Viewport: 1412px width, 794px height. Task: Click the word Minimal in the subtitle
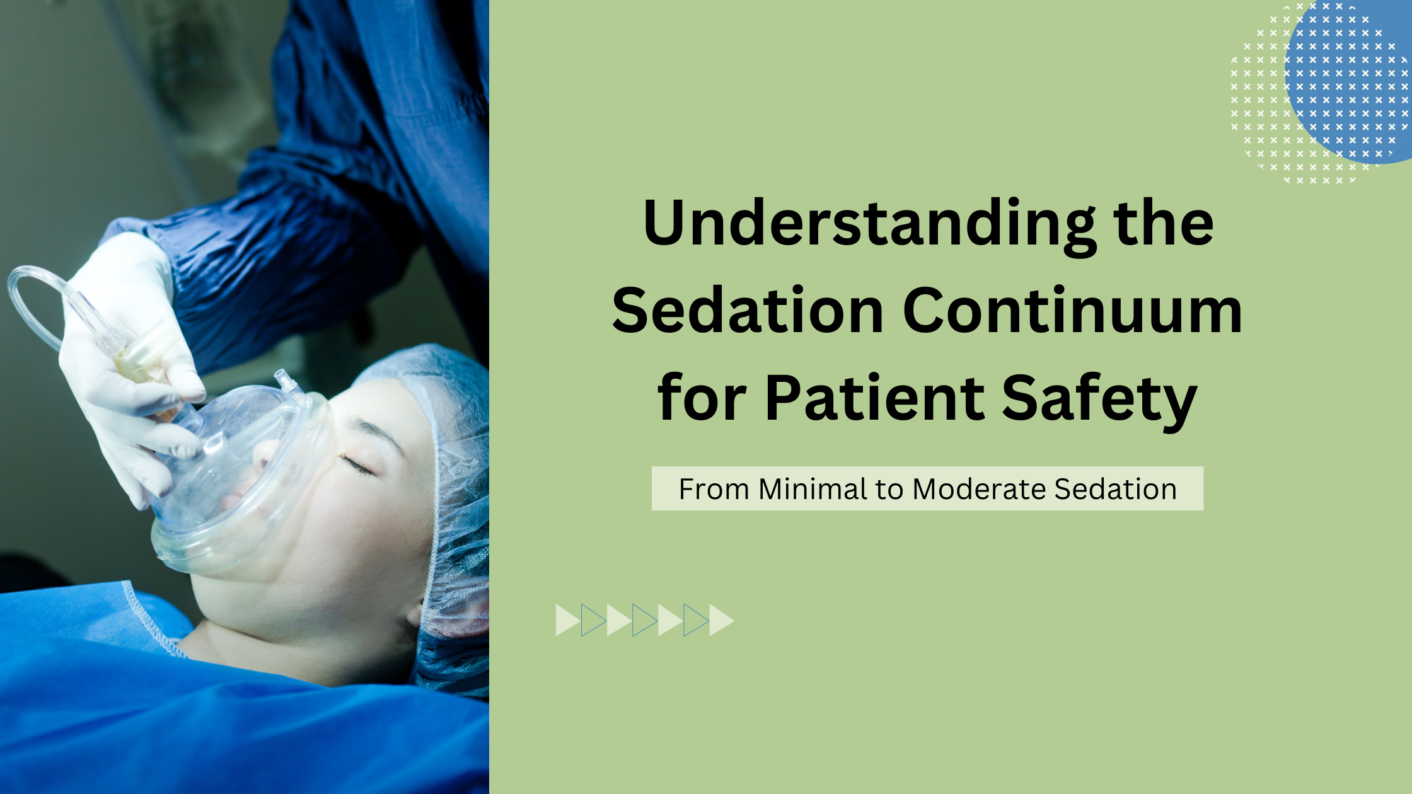tap(813, 489)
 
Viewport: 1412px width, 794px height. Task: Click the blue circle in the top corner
tap(1355, 82)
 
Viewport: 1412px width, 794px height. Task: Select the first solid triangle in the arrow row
tap(567, 620)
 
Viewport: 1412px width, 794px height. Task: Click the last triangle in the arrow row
tap(720, 620)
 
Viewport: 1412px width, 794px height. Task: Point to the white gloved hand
tap(126, 353)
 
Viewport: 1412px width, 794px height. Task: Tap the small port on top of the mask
tap(285, 381)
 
